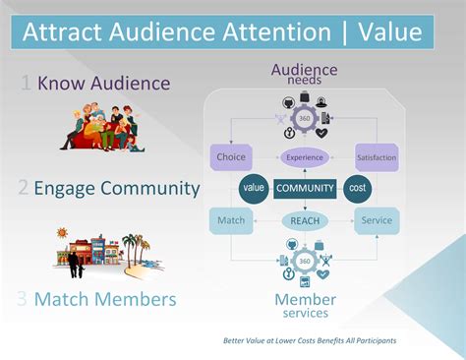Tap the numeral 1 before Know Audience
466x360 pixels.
[27, 84]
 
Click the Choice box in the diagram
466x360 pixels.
[231, 156]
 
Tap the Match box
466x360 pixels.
[231, 220]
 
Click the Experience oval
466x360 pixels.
[304, 156]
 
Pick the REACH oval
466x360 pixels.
[304, 221]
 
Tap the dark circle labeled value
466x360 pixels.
[256, 188]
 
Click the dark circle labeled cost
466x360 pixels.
[356, 188]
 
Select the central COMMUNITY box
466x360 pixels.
[305, 188]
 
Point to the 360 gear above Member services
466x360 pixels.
[304, 261]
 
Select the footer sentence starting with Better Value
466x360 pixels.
[311, 340]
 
